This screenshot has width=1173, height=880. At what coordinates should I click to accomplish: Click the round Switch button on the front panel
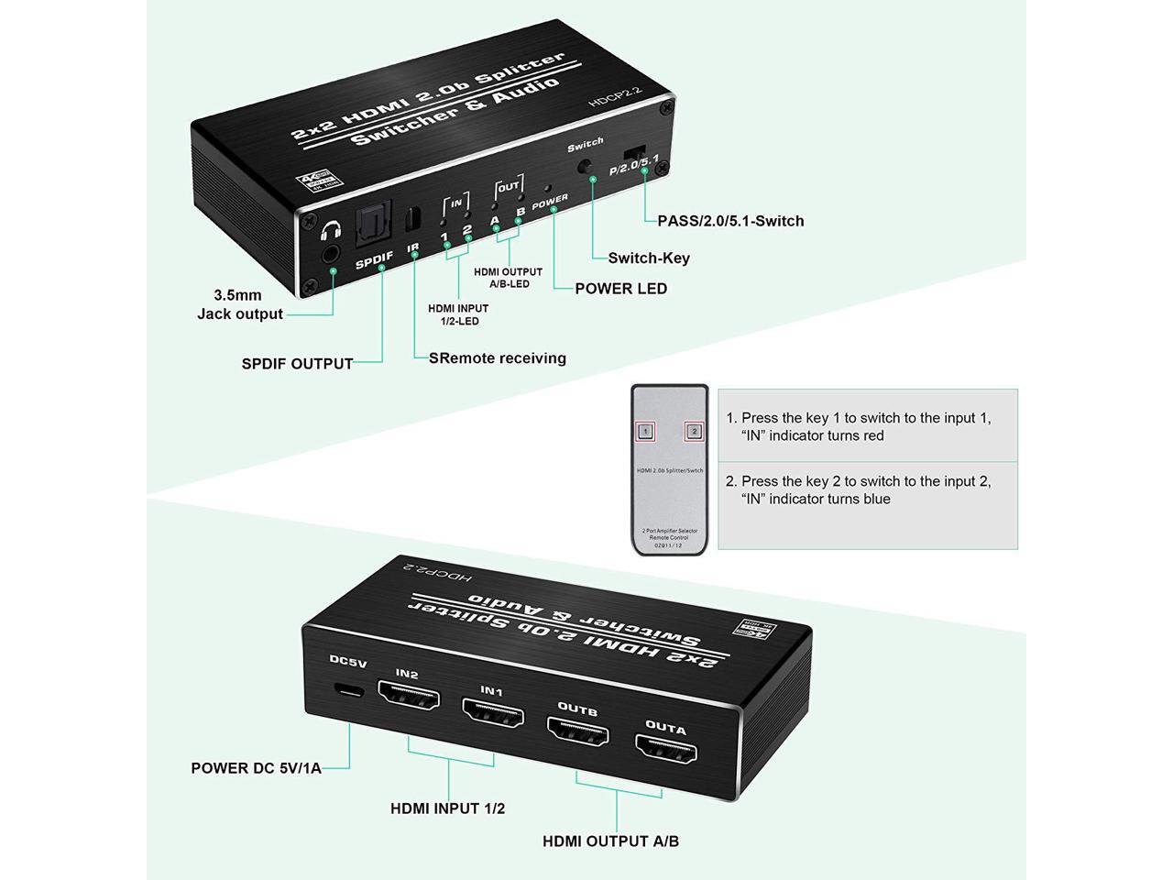[585, 168]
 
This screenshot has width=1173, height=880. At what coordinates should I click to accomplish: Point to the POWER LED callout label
[620, 289]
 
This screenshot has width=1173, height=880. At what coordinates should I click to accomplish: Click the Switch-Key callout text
[649, 258]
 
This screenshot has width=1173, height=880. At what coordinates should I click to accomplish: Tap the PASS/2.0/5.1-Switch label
[730, 221]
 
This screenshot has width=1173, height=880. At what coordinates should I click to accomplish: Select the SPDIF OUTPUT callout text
[297, 364]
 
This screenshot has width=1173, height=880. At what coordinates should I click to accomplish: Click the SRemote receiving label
[498, 358]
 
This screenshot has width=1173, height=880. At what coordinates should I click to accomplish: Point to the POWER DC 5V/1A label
[256, 768]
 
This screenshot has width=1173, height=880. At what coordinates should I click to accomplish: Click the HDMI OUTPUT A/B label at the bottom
[610, 841]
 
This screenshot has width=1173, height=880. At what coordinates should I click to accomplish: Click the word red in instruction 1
[871, 436]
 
